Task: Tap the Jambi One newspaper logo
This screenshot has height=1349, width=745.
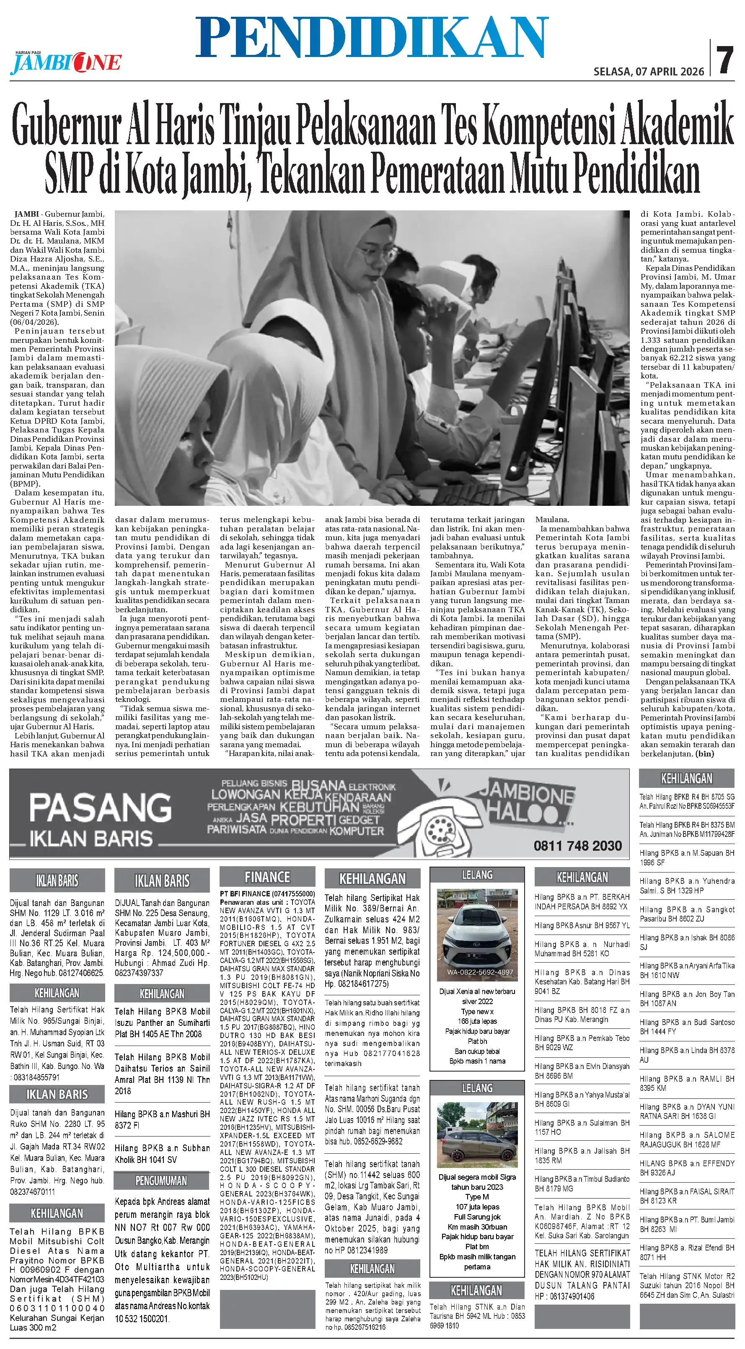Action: [x=65, y=63]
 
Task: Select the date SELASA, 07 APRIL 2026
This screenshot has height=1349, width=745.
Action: [x=649, y=72]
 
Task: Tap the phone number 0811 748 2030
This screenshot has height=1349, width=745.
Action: [x=577, y=845]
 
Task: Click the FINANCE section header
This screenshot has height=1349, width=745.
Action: [x=267, y=877]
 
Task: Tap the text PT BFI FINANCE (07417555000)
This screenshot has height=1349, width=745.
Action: [x=267, y=894]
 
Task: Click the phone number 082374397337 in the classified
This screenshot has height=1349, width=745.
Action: [x=139, y=973]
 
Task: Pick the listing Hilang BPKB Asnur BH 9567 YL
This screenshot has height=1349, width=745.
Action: [x=582, y=925]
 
